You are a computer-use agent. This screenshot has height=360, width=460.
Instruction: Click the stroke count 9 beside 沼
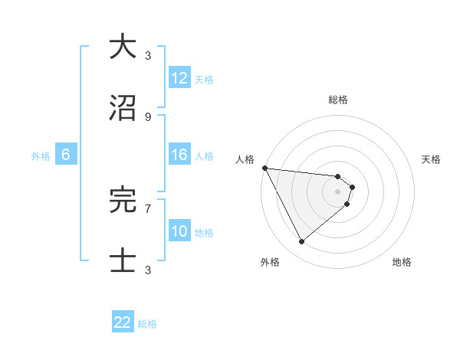(147, 117)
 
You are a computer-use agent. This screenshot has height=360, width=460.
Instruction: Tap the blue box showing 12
(179, 78)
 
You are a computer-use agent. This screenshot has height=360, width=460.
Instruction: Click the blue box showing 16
(179, 155)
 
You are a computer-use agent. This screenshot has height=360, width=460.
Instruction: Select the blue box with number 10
(179, 231)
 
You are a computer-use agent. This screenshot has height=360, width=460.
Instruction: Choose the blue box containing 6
(66, 155)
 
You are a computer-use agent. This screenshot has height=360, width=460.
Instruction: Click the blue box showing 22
(123, 322)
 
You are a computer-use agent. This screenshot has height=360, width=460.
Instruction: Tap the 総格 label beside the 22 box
(147, 324)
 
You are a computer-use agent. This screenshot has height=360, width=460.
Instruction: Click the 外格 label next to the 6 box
(41, 156)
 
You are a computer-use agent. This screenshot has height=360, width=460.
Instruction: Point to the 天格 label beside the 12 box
(204, 80)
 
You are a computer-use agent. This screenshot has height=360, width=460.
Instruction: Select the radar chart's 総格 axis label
(338, 100)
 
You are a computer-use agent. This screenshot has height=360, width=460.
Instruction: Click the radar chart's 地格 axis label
(402, 262)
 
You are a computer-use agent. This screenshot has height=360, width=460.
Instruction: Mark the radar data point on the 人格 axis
(264, 168)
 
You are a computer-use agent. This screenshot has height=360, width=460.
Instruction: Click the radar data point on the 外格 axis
(301, 242)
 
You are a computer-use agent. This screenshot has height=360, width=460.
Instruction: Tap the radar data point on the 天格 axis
(352, 187)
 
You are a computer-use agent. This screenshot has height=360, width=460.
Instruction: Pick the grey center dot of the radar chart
(338, 191)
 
